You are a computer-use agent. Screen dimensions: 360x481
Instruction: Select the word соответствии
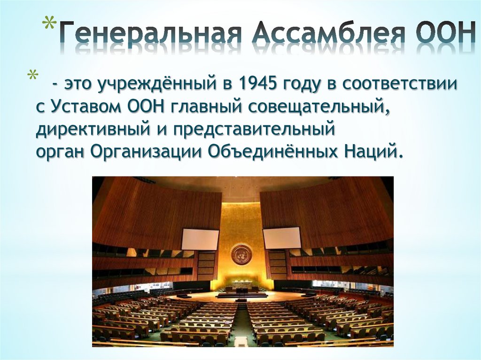[400, 84]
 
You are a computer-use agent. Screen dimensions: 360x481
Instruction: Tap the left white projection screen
[200, 239]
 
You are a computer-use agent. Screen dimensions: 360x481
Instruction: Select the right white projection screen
[282, 237]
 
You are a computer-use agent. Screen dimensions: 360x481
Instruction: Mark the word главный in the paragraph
[203, 107]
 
